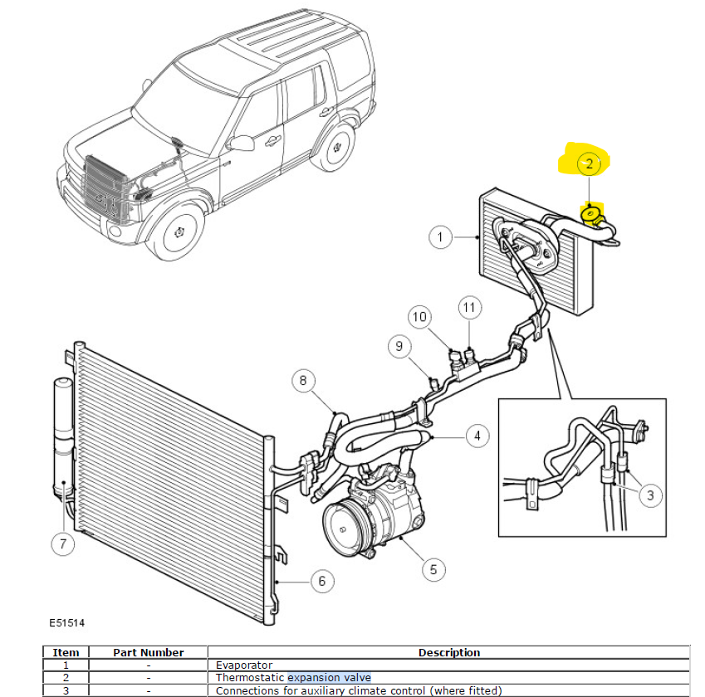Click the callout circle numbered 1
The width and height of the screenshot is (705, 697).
(440, 237)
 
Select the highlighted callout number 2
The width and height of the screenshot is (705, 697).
(589, 164)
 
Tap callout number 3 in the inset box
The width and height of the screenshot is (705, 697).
(649, 495)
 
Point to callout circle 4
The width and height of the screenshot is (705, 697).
(476, 434)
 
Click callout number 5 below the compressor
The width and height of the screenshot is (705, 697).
(433, 568)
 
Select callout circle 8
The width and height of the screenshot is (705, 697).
(303, 382)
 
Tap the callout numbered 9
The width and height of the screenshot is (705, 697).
(399, 345)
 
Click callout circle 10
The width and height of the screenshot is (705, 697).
(420, 316)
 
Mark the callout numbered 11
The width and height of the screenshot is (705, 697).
(469, 308)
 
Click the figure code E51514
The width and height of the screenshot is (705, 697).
(66, 622)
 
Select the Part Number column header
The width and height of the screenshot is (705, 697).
(148, 652)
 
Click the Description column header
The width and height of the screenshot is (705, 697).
(448, 652)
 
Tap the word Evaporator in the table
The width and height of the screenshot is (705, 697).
(243, 665)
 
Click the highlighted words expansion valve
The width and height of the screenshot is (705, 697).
(329, 678)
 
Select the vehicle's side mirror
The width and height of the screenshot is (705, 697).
(242, 144)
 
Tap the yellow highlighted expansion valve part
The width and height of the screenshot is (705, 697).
(590, 216)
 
